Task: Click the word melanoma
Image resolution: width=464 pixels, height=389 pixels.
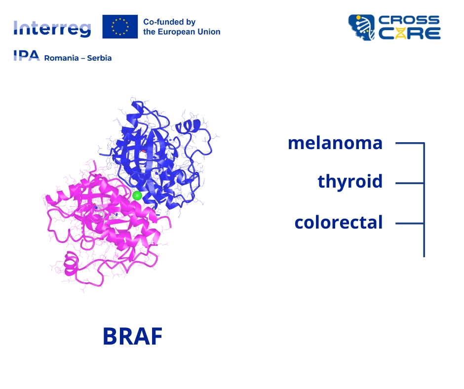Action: [x=335, y=143]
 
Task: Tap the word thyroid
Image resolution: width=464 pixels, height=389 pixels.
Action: [x=350, y=181]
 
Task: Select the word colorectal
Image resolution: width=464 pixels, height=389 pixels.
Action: [x=339, y=222]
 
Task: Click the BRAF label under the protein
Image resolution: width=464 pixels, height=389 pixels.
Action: [x=133, y=336]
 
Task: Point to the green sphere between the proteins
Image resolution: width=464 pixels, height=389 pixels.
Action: [x=137, y=195]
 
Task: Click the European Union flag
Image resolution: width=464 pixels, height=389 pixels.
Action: [x=120, y=27]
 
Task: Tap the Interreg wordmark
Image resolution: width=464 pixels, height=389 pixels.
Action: [x=52, y=29]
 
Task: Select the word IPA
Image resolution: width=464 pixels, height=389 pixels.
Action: [x=27, y=56]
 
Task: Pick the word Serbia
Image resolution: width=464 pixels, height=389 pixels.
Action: [x=99, y=58]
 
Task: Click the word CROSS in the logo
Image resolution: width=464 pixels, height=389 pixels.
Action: [x=409, y=20]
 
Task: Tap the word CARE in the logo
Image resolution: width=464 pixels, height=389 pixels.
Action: [x=410, y=34]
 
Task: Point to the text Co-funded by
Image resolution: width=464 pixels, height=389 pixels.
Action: [x=169, y=22]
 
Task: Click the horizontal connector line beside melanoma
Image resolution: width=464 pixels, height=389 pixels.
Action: [x=410, y=143]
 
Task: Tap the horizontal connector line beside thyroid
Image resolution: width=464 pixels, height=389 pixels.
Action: [x=410, y=183]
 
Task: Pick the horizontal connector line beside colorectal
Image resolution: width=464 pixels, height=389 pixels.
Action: [x=410, y=224]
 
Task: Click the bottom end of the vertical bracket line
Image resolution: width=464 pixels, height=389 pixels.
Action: [x=424, y=256]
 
